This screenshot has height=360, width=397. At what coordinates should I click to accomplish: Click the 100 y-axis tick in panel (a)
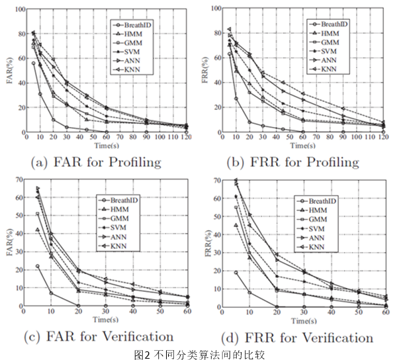[19, 9]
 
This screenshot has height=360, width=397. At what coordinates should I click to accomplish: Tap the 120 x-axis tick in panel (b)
[384, 139]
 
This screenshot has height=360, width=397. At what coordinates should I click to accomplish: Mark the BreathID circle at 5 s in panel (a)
[33, 63]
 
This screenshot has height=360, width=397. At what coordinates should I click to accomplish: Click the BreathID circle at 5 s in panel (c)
[37, 266]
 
